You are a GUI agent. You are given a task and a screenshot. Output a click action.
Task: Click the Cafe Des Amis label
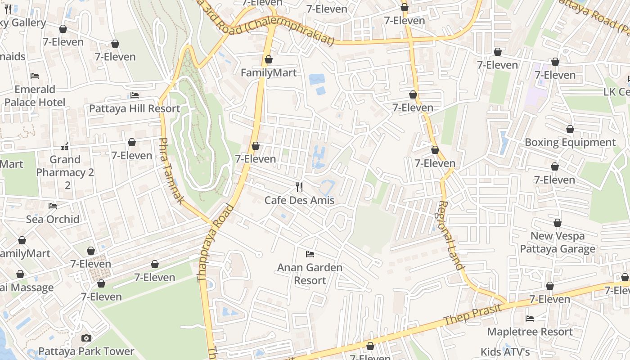point(299,200)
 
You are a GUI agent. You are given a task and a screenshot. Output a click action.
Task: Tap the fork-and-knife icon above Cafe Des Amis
point(299,187)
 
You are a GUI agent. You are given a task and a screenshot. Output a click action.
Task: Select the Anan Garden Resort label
point(310,274)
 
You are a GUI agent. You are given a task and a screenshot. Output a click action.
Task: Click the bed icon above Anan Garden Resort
point(310,254)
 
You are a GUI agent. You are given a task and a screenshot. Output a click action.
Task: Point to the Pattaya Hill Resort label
point(135,108)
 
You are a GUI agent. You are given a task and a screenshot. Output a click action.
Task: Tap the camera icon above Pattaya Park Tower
point(86,338)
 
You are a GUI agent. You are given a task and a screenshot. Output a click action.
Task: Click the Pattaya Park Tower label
point(86,351)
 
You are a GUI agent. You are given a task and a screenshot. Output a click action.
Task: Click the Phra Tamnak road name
point(171,171)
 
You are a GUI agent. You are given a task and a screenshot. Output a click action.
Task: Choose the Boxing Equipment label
point(570,143)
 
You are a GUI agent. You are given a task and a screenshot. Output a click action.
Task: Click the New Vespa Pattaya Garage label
point(558,242)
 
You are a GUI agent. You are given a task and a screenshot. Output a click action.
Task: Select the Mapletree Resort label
point(530,332)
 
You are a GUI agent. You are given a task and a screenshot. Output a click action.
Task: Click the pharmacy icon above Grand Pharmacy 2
point(65,147)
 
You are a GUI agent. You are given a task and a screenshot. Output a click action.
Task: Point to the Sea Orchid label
point(53,219)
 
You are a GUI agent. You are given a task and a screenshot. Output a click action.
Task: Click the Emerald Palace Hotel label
point(35,95)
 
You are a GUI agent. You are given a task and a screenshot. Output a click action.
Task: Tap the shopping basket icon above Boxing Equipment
point(570,130)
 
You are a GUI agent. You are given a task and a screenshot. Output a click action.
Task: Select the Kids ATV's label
point(505,352)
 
